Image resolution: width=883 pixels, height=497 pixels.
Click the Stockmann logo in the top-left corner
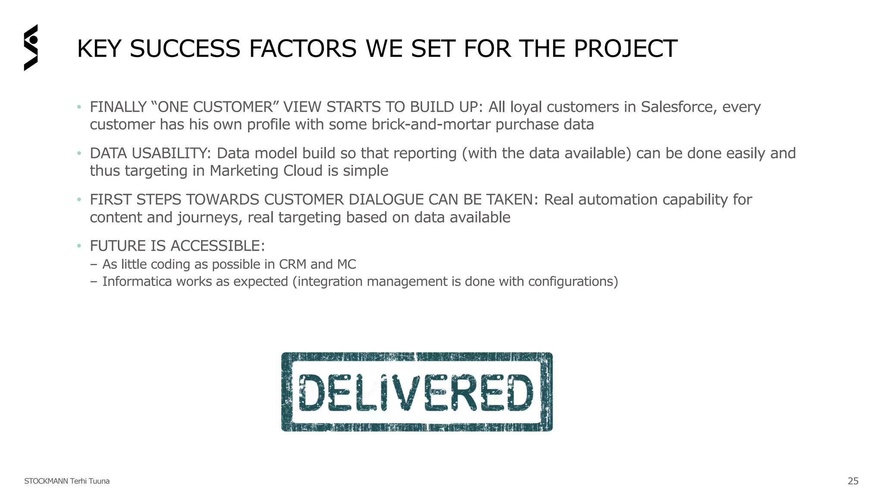[x=31, y=47]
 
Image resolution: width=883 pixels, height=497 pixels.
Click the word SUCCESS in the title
[x=185, y=48]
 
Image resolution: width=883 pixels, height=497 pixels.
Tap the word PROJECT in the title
[x=625, y=48]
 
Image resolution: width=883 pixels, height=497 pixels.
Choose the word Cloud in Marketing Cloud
[x=303, y=171]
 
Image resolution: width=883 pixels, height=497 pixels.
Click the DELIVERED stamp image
[x=416, y=392]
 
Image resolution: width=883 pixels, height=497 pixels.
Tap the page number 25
[x=853, y=481]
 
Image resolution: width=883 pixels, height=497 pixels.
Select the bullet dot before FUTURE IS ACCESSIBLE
[x=79, y=246]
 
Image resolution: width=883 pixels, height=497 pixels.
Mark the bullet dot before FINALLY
[x=79, y=107]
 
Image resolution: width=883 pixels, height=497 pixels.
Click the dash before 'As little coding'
[x=94, y=264]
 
